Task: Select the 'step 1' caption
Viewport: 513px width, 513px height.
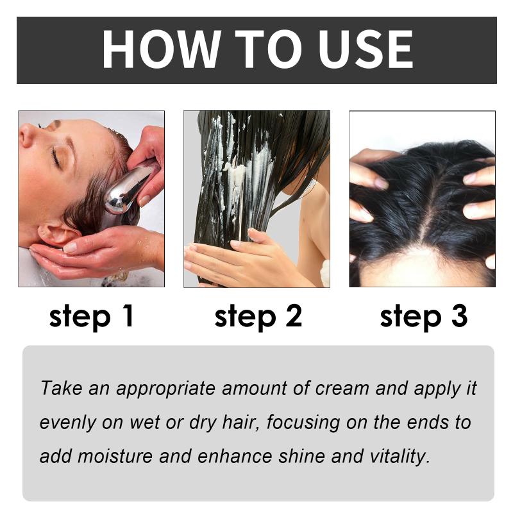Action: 91,316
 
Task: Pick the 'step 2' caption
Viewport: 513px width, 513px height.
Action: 258,316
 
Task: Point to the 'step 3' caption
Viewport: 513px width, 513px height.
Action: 424,316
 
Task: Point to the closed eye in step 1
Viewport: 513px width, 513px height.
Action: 56,157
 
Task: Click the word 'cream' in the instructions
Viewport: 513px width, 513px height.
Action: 342,389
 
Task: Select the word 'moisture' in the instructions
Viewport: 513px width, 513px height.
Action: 115,456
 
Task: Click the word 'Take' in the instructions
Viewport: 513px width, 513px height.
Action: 62,388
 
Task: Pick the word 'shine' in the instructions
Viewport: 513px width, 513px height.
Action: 301,456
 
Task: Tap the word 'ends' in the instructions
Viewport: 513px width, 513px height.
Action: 426,423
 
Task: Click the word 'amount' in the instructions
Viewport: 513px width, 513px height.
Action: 254,389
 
